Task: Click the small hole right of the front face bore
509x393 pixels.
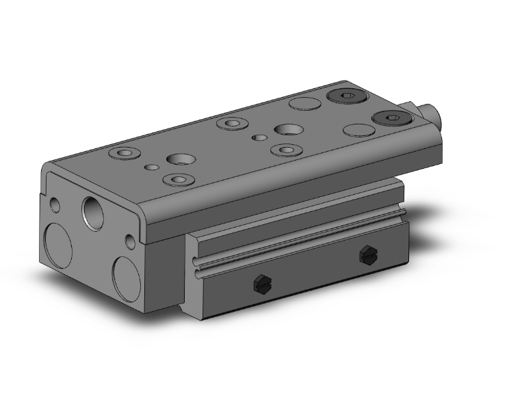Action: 130,241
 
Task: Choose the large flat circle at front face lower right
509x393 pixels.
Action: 127,277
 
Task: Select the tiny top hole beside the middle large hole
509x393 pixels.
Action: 259,137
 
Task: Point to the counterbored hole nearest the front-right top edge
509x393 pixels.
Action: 179,180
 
